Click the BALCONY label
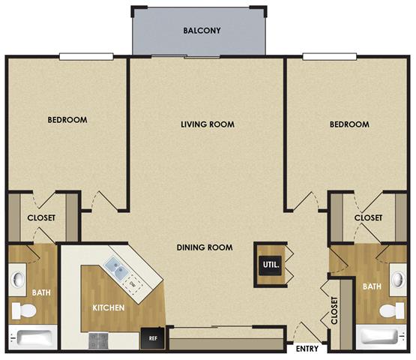(x=199, y=31)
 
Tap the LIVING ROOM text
(x=208, y=124)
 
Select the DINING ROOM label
(x=205, y=247)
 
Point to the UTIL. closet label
(x=269, y=265)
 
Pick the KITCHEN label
(x=108, y=308)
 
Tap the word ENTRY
(x=307, y=349)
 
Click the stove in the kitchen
(x=100, y=341)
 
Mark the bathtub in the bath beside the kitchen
(x=34, y=339)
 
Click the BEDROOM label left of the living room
(x=67, y=120)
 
